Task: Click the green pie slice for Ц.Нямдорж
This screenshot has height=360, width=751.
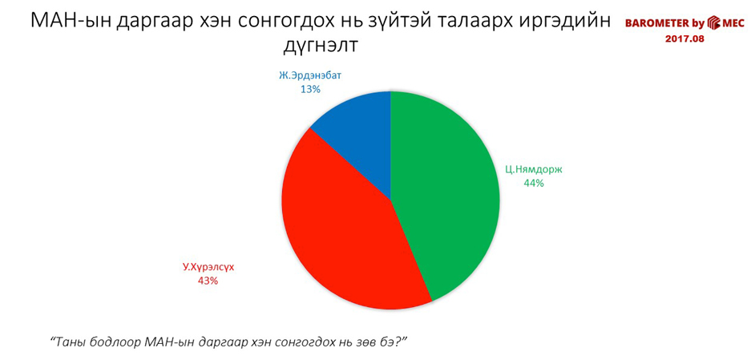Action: (446, 192)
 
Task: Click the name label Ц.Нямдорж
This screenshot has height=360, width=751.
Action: (533, 169)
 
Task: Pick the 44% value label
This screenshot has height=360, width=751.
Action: (534, 183)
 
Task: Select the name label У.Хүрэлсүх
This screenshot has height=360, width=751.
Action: (207, 268)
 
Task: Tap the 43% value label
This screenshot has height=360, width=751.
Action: (208, 281)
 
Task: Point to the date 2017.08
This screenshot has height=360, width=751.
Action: (684, 38)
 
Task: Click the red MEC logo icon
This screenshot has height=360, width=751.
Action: (714, 22)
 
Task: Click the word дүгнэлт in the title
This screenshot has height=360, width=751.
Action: (321, 47)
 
